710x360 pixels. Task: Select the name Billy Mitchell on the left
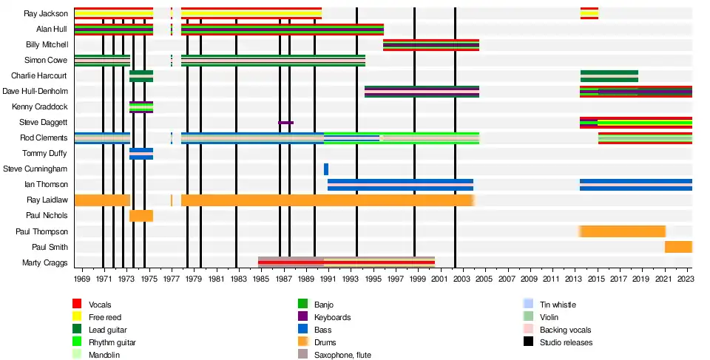click(47, 44)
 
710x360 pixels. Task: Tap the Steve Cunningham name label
click(35, 169)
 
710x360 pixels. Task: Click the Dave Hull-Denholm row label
click(35, 91)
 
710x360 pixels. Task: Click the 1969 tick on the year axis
click(82, 279)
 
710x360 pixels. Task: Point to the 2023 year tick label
click(686, 279)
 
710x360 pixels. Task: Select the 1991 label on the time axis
click(328, 279)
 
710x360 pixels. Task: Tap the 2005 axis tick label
click(484, 279)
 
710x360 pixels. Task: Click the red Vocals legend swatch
click(77, 304)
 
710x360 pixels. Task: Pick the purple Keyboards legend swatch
click(302, 317)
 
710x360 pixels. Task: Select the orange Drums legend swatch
click(302, 342)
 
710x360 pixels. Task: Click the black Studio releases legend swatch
click(528, 342)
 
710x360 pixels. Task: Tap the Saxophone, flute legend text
click(342, 355)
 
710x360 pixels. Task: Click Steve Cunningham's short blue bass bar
click(326, 169)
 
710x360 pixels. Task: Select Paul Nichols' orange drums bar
click(141, 216)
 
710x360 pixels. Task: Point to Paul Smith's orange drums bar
click(678, 247)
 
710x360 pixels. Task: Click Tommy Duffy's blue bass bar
click(141, 154)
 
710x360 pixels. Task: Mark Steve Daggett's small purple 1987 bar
click(285, 123)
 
